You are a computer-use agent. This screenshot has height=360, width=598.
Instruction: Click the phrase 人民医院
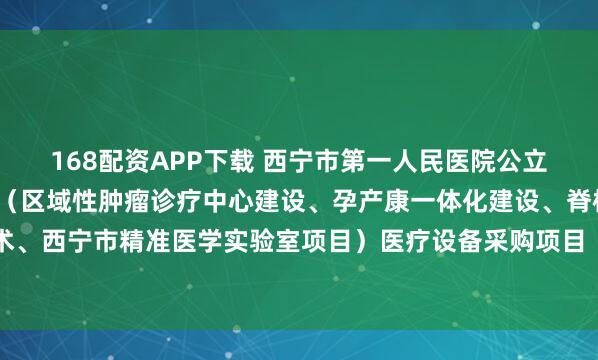tap(424, 157)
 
